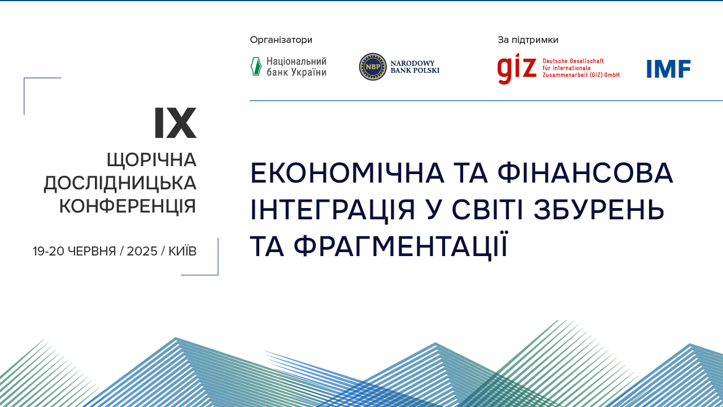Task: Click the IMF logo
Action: pyautogui.click(x=669, y=69)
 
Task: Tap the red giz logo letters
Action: pyautogui.click(x=517, y=68)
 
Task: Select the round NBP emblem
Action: pyautogui.click(x=373, y=67)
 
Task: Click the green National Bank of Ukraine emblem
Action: pyautogui.click(x=256, y=67)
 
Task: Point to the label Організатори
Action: pyautogui.click(x=281, y=40)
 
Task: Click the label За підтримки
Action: pyautogui.click(x=528, y=40)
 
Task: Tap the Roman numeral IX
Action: pyautogui.click(x=175, y=124)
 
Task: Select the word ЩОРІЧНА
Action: pyautogui.click(x=151, y=160)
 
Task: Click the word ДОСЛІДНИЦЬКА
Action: pyautogui.click(x=120, y=183)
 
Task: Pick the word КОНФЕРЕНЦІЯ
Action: pyautogui.click(x=128, y=206)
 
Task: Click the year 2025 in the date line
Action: pyautogui.click(x=142, y=252)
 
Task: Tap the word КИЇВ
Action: pyautogui.click(x=182, y=252)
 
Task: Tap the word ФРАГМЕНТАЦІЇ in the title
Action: pyautogui.click(x=401, y=246)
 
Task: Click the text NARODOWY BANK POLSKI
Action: pyautogui.click(x=415, y=67)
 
